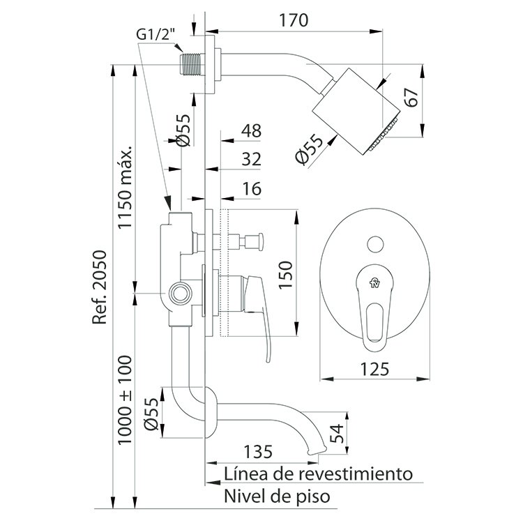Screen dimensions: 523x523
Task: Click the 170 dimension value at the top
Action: [x=294, y=20]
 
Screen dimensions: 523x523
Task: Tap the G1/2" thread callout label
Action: [x=156, y=34]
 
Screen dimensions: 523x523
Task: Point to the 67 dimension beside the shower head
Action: [x=411, y=97]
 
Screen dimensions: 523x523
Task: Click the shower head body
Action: [x=356, y=111]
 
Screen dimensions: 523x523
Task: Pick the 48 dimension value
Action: [x=251, y=131]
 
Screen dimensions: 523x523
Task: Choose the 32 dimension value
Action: [x=251, y=159]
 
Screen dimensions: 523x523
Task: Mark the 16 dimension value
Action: [x=252, y=189]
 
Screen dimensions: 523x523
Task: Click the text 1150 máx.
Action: [x=125, y=187]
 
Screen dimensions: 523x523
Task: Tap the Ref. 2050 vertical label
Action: [x=100, y=287]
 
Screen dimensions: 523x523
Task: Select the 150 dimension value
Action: [x=285, y=275]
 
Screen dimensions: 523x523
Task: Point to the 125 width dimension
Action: [x=374, y=369]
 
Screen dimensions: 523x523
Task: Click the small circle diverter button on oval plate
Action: [x=375, y=244]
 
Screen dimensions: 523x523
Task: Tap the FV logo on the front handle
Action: [x=375, y=283]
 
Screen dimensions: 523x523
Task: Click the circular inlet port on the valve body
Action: [x=181, y=294]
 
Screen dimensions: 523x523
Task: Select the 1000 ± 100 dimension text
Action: [x=125, y=400]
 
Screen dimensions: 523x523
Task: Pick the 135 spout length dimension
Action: [x=258, y=452]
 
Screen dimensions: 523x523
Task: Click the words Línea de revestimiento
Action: [x=318, y=473]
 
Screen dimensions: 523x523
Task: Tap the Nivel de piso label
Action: [x=277, y=496]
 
